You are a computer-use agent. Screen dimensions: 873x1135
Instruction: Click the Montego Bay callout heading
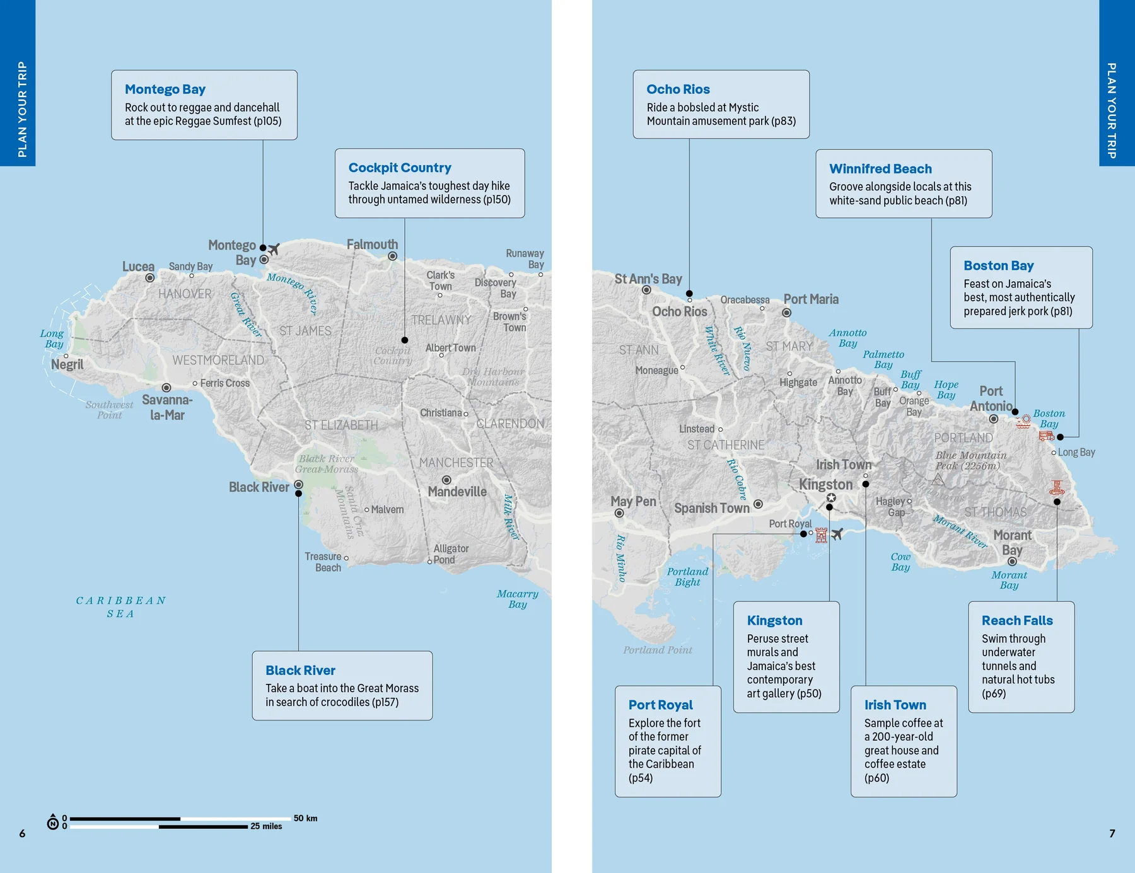[x=165, y=90]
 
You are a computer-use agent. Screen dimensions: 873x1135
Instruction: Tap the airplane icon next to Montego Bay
[x=274, y=249]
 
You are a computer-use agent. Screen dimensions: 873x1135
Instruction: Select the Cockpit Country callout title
[x=400, y=168]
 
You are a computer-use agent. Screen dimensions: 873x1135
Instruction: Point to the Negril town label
[x=67, y=364]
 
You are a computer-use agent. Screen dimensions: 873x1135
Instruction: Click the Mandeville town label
[x=457, y=492]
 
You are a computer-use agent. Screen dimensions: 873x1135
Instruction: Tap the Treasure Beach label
[x=323, y=562]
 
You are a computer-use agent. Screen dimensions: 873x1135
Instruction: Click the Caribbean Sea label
[x=120, y=607]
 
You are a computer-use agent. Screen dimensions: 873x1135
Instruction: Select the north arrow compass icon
[x=53, y=822]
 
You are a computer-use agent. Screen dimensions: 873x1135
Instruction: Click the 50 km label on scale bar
[x=305, y=818]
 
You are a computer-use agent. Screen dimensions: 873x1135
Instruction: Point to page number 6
[x=22, y=833]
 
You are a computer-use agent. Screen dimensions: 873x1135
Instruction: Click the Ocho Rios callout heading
[x=678, y=90]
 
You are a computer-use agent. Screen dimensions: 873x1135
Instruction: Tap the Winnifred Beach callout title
[x=880, y=169]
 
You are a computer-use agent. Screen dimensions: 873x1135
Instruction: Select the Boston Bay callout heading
[x=998, y=266]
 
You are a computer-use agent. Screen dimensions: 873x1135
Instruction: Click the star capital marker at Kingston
[x=831, y=498]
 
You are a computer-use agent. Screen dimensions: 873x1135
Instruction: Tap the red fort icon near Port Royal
[x=821, y=535]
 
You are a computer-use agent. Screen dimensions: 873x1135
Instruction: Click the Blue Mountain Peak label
[x=970, y=461]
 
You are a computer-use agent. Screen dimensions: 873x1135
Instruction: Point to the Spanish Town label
[x=712, y=508]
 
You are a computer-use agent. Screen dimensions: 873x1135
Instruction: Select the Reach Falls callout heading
[x=1016, y=621]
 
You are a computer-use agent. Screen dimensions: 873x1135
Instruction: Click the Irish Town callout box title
[x=895, y=705]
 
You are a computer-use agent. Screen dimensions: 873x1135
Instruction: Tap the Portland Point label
[x=657, y=650]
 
